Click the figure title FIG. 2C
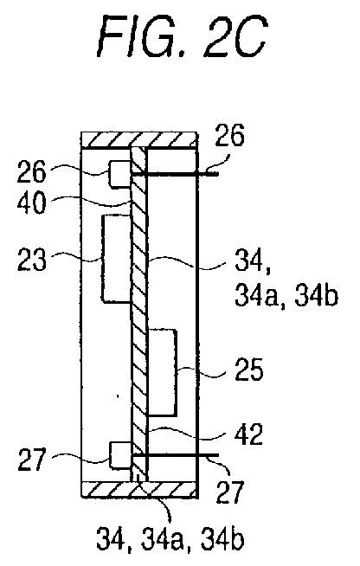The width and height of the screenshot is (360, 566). point(183,36)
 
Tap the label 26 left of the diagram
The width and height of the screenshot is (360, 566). point(32,171)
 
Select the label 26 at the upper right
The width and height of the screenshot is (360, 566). point(229,135)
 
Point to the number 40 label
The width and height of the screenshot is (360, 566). point(32,203)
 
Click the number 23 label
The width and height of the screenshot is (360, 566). point(32,259)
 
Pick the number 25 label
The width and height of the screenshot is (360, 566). point(248,370)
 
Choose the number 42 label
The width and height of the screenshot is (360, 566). point(247,434)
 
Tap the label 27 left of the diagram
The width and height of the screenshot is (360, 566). point(32,459)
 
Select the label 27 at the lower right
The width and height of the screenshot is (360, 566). point(230,492)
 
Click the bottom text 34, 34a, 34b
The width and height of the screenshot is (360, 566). point(170,539)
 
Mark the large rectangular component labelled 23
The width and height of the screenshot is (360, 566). point(116,259)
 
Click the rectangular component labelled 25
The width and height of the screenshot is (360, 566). point(162,372)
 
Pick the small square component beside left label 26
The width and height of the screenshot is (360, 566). point(120,174)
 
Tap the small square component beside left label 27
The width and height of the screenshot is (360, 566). point(120,455)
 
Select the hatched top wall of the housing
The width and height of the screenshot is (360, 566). point(139,139)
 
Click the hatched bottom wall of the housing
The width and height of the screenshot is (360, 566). point(139,489)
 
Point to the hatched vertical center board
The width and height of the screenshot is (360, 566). point(139,314)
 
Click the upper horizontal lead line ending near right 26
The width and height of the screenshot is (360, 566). point(175,174)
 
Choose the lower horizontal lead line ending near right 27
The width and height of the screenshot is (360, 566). point(176,455)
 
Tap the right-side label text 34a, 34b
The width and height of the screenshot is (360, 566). point(286,296)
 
